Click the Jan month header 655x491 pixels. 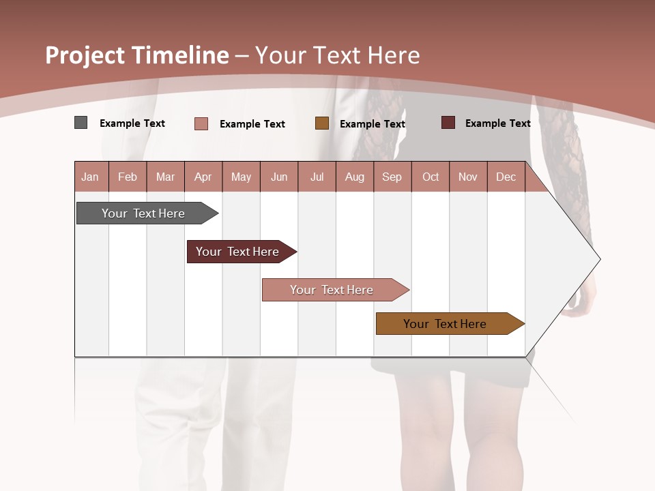90,177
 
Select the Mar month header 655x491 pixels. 165,177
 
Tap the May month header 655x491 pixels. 241,177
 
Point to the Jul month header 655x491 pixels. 317,177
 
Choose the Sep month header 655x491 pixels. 392,177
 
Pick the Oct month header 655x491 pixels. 431,177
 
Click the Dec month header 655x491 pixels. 506,177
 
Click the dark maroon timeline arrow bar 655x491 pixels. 239,252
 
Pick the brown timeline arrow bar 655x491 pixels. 447,324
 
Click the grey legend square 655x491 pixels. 81,123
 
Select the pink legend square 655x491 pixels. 201,123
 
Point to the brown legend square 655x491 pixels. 322,123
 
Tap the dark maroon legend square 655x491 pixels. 448,123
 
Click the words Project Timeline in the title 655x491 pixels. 137,55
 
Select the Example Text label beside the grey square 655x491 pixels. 132,123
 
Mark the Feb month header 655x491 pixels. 128,177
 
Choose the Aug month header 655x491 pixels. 354,177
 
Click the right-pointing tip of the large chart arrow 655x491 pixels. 598,259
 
